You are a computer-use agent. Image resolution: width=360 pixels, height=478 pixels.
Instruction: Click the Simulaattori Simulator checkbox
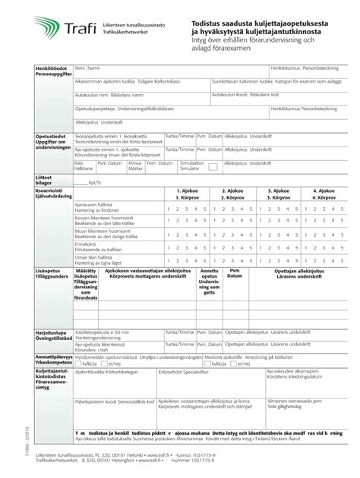pos(215,166)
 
